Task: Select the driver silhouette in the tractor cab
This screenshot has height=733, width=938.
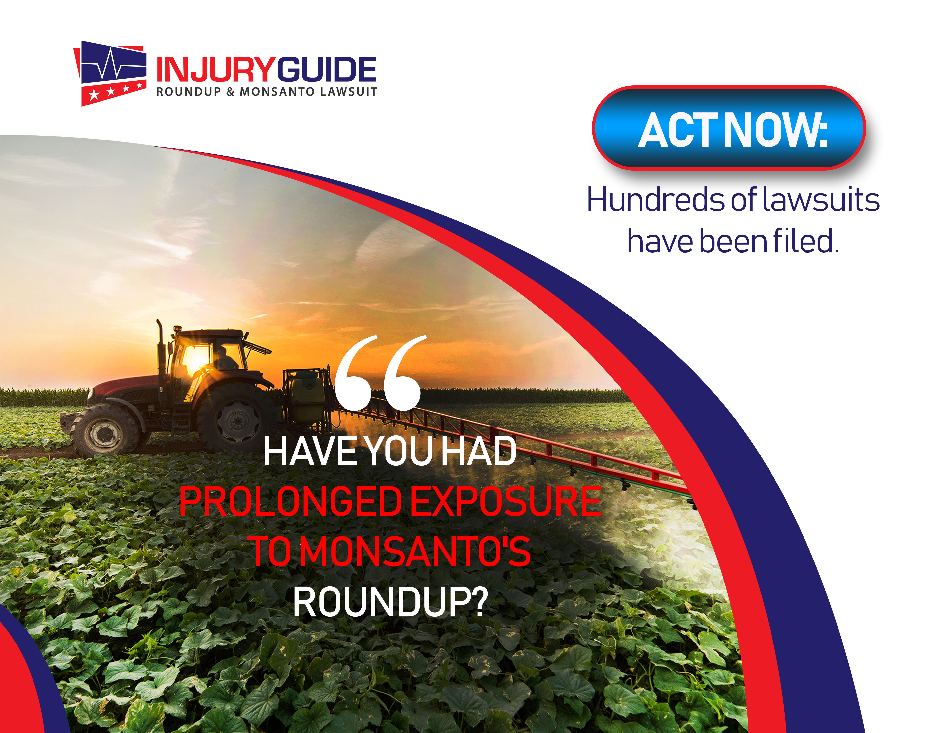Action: click(x=224, y=359)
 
